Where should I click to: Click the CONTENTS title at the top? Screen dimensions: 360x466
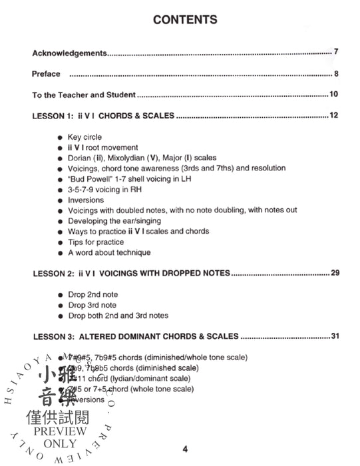184,19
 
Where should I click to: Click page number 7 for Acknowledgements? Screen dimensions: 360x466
337,51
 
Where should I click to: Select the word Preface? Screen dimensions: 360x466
46,74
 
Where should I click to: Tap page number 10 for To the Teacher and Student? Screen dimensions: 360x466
334,95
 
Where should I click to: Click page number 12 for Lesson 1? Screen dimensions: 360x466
334,116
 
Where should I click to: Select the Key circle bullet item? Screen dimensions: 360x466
85,137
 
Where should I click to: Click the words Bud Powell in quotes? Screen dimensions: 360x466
93,179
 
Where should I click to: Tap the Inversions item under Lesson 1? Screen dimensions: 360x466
86,200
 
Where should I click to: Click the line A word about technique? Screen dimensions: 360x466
108,252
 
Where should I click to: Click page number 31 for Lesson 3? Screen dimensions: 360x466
334,336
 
